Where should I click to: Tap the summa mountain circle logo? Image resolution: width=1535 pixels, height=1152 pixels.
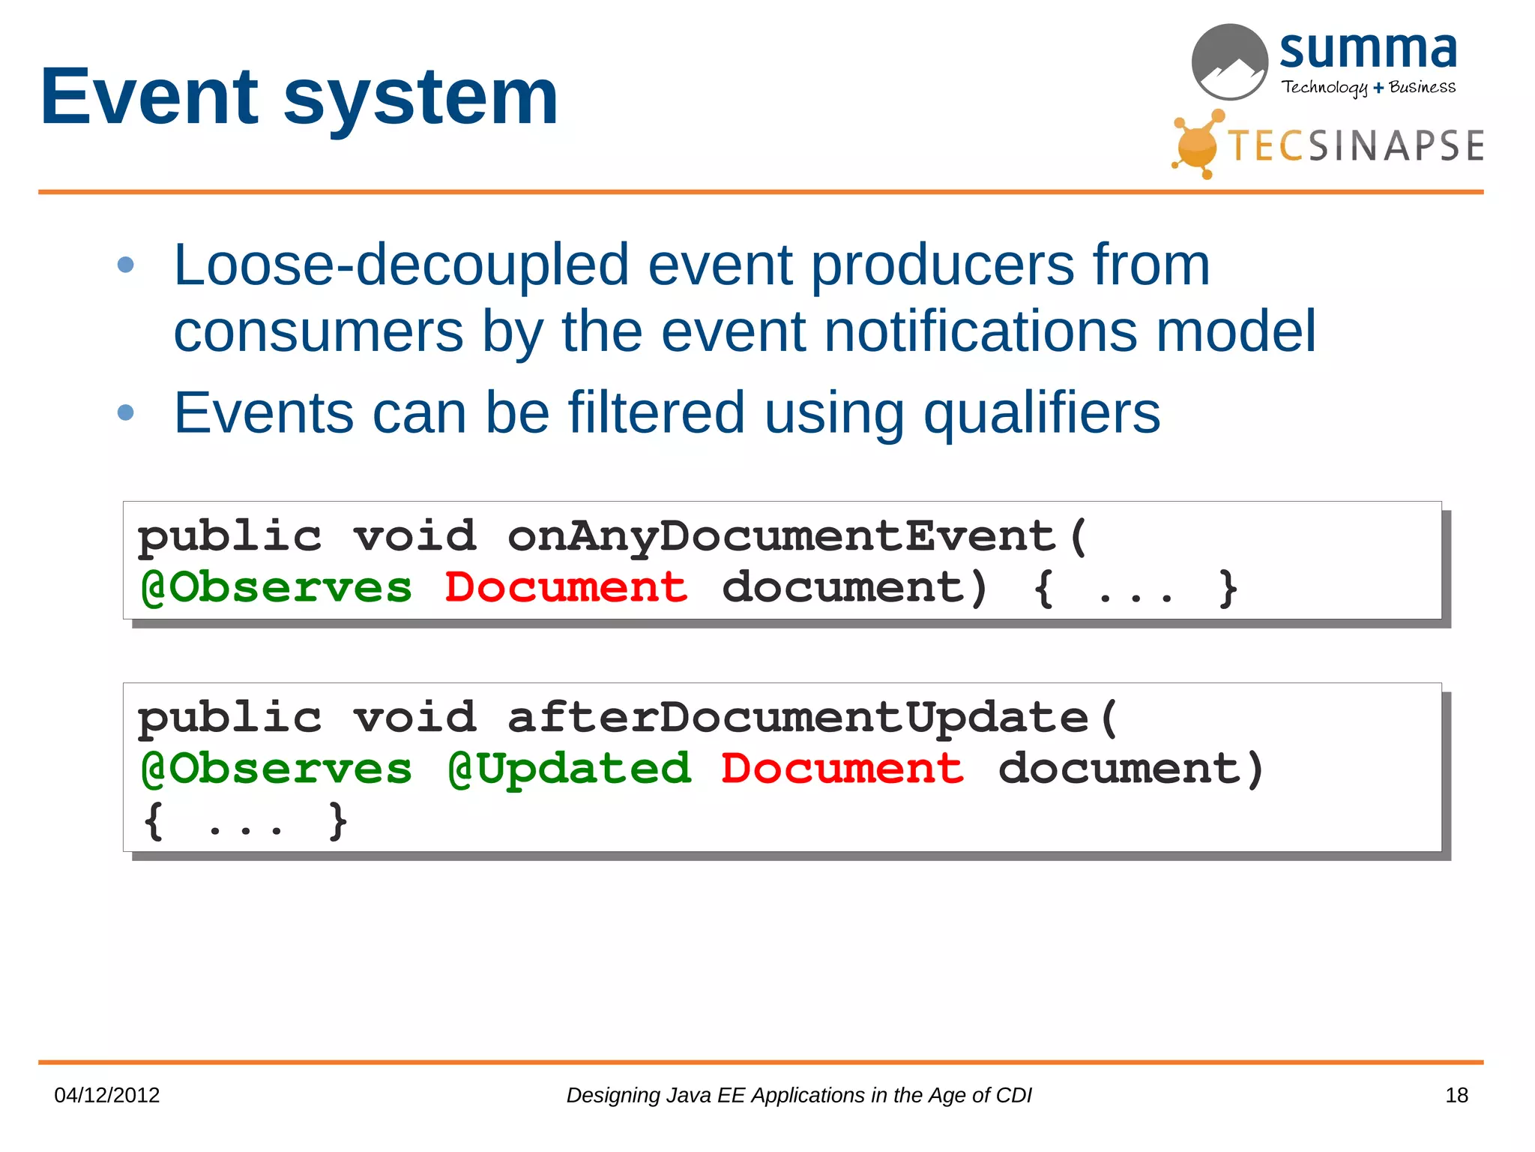click(x=1229, y=62)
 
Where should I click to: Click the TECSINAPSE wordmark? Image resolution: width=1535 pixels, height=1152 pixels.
click(x=1355, y=145)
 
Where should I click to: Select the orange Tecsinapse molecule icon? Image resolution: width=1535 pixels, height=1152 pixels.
click(x=1198, y=144)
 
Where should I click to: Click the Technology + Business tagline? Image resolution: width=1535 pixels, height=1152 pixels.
click(x=1368, y=88)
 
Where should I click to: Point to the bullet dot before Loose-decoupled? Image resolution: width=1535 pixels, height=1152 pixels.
click(x=126, y=265)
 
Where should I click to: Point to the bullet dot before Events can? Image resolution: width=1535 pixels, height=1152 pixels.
click(x=126, y=412)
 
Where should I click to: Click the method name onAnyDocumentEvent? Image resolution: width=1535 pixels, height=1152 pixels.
click(x=782, y=537)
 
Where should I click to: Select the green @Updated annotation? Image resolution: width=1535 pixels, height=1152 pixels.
click(x=569, y=769)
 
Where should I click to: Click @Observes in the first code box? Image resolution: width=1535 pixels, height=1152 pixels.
click(x=277, y=588)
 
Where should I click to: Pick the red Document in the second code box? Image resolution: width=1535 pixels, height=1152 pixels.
click(x=842, y=769)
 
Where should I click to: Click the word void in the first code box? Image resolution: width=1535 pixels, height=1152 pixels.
click(x=414, y=537)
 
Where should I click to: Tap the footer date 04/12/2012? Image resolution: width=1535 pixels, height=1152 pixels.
click(x=107, y=1096)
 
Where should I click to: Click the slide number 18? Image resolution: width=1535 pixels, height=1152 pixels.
click(x=1456, y=1096)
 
